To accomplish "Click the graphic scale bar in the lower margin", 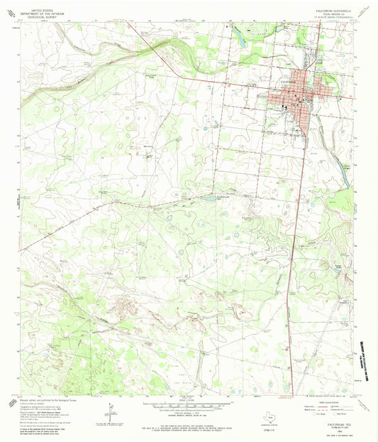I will pos(189,402).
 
